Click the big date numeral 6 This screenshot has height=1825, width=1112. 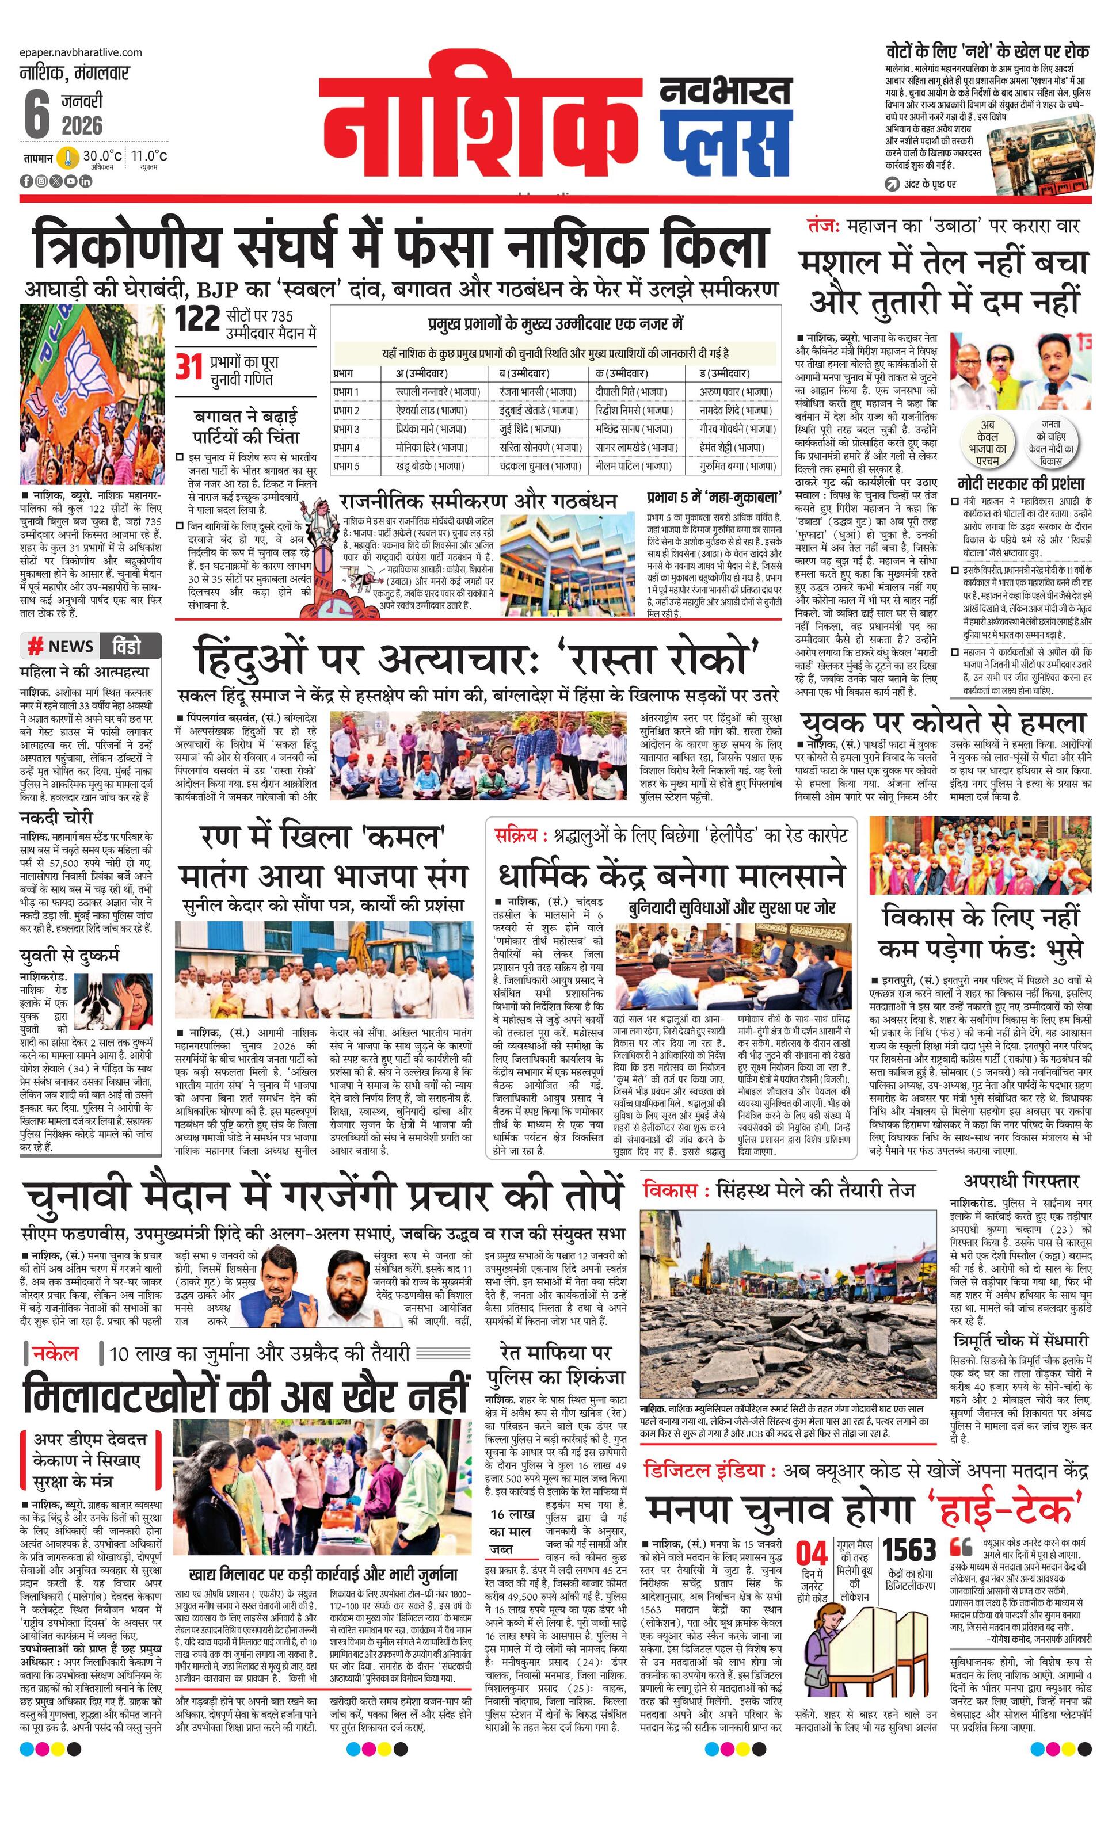36,116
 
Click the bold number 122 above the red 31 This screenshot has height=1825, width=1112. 198,319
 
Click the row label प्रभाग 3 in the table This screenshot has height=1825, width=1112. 346,429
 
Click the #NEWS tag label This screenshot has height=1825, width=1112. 61,646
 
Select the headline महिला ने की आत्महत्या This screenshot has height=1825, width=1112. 85,672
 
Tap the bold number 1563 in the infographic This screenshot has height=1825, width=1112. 910,1531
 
